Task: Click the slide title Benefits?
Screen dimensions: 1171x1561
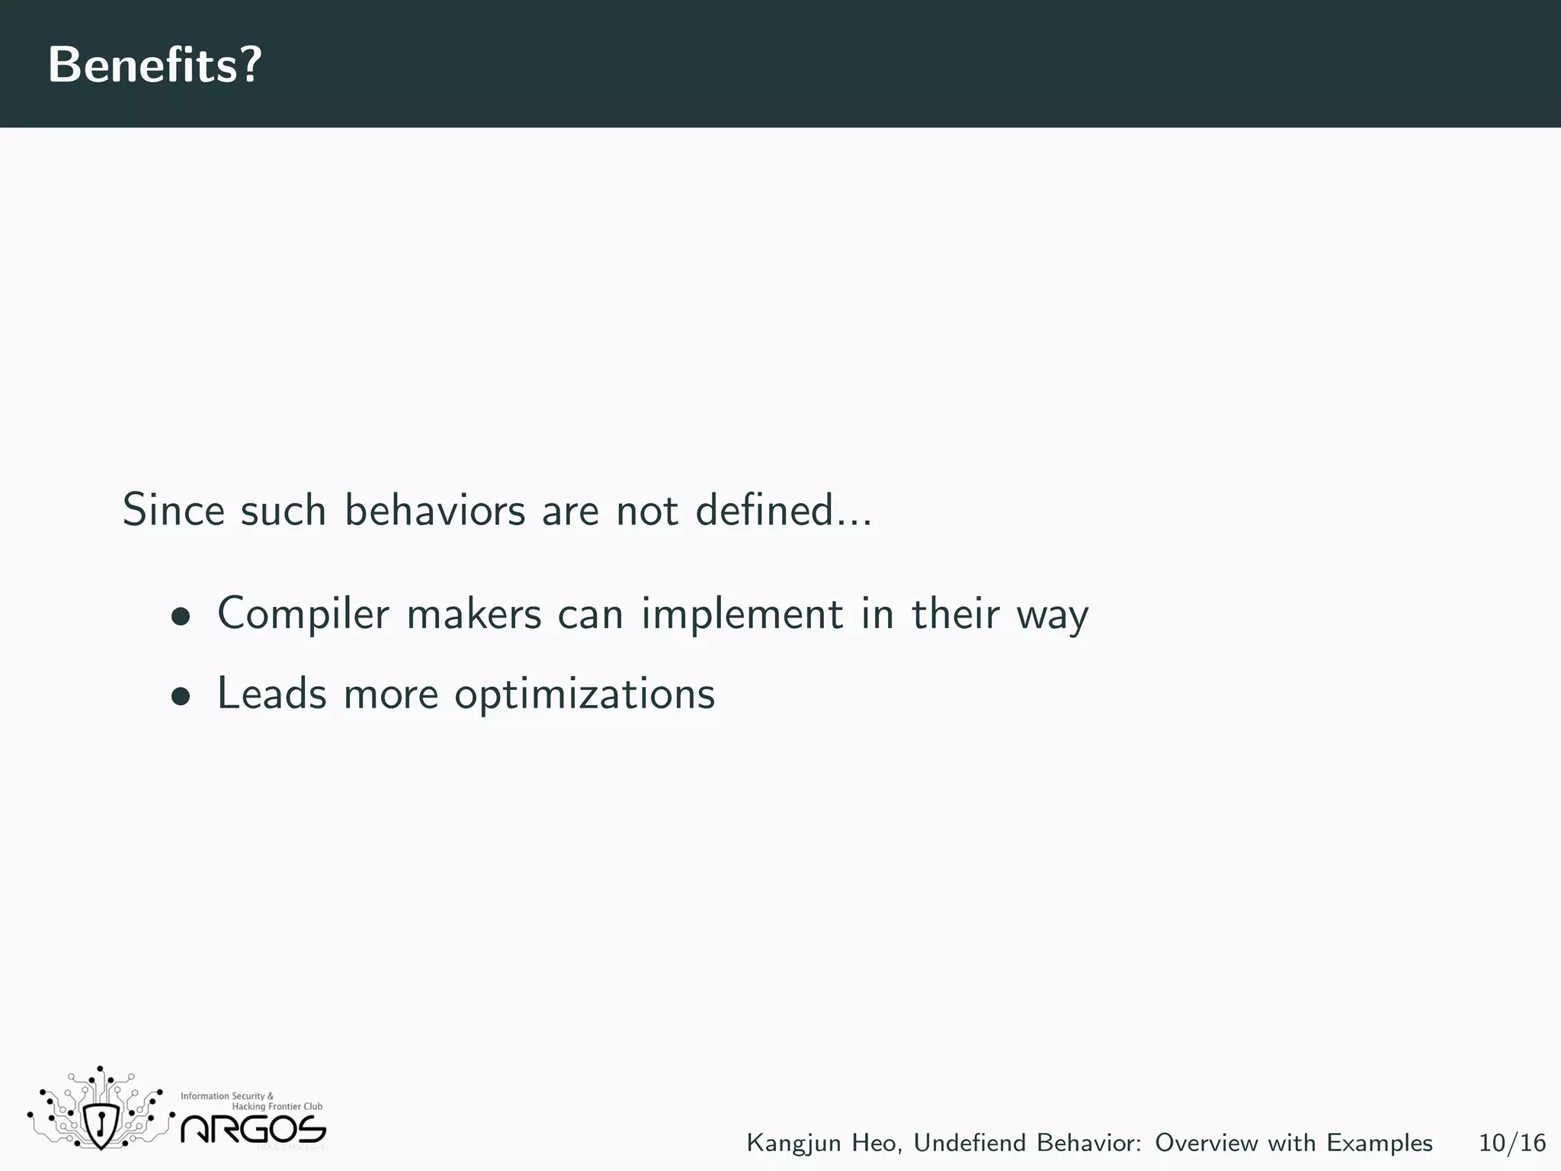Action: click(x=155, y=65)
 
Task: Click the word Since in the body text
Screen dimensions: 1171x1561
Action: click(x=173, y=509)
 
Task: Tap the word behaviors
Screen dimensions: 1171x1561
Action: click(x=434, y=509)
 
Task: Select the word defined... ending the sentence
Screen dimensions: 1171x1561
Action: click(x=784, y=509)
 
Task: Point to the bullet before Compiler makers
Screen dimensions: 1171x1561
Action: click(x=181, y=616)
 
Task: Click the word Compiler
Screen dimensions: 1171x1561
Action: click(x=303, y=614)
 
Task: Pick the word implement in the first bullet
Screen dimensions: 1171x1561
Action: click(x=742, y=614)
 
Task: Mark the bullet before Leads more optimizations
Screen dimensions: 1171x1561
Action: click(x=181, y=696)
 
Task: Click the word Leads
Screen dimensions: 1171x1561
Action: click(x=272, y=694)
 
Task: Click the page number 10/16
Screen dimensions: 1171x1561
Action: click(x=1512, y=1143)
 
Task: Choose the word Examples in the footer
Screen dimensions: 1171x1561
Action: click(x=1379, y=1144)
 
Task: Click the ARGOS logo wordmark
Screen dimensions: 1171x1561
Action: click(x=253, y=1129)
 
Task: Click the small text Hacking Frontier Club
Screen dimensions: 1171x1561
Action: click(x=277, y=1107)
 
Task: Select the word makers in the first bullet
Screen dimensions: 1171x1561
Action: click(x=473, y=614)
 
